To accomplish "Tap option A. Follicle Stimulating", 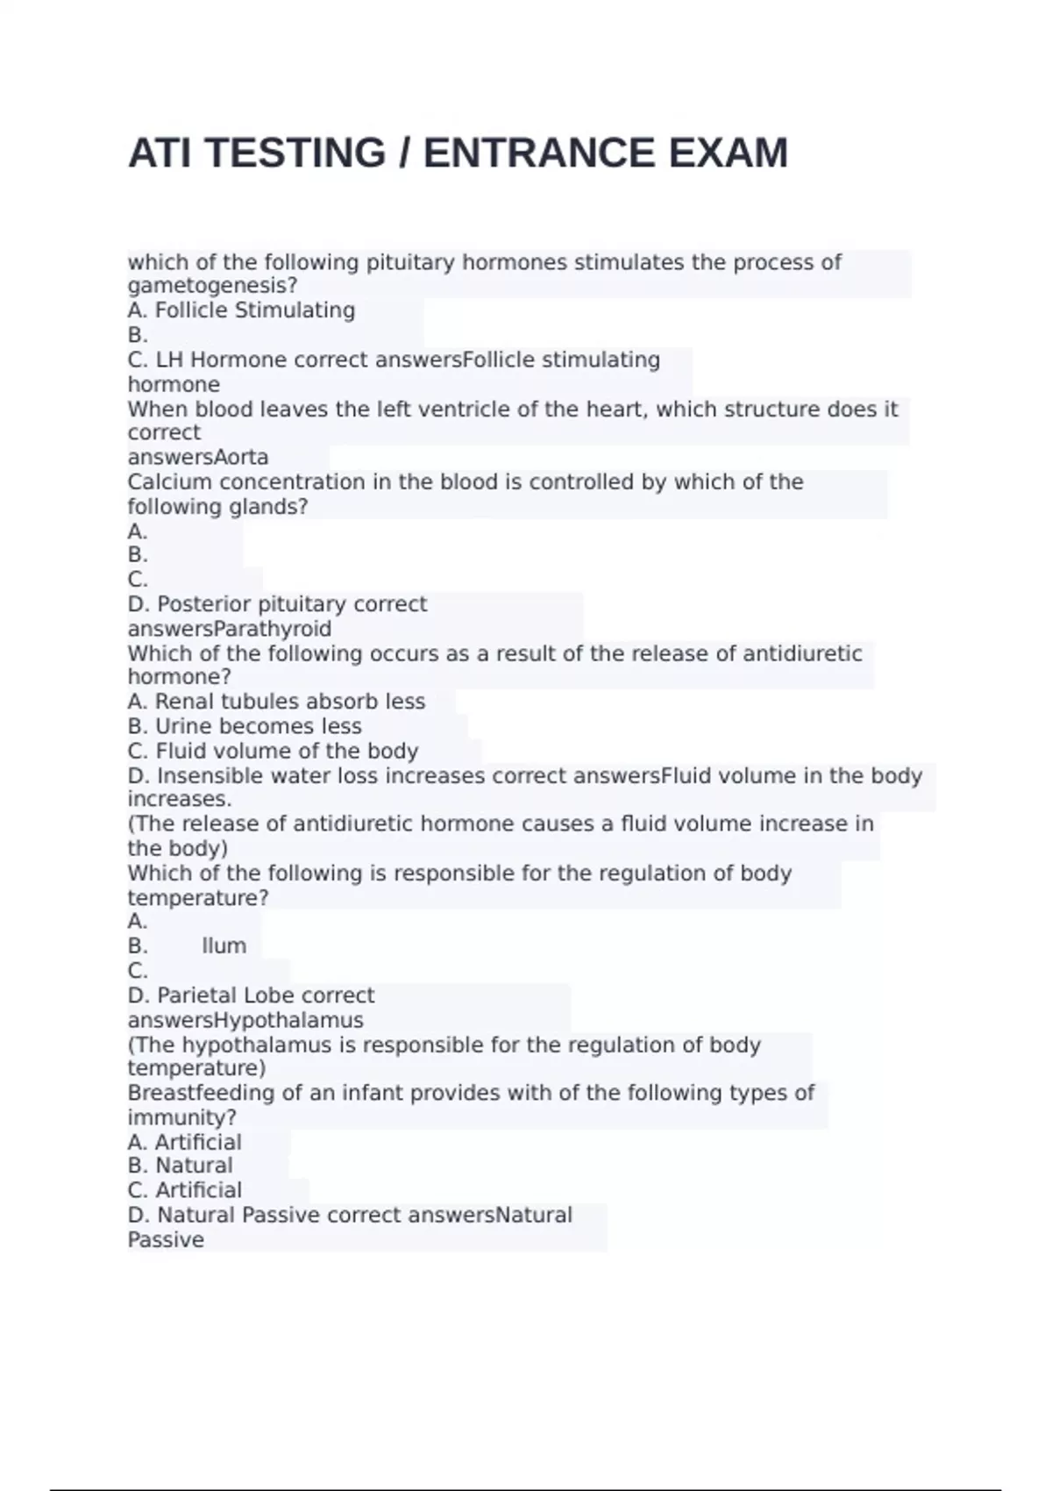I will pos(241,310).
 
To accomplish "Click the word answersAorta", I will pos(198,458).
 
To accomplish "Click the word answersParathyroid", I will pos(230,630).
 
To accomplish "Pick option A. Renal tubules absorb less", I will pos(276,702).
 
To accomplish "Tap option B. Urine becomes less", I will pos(245,726).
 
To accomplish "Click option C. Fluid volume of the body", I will pos(273,752).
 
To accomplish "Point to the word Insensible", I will pos(211,776).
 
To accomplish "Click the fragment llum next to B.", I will pos(224,946).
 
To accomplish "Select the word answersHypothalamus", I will pos(245,1021).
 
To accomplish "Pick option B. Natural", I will pos(181,1166).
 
